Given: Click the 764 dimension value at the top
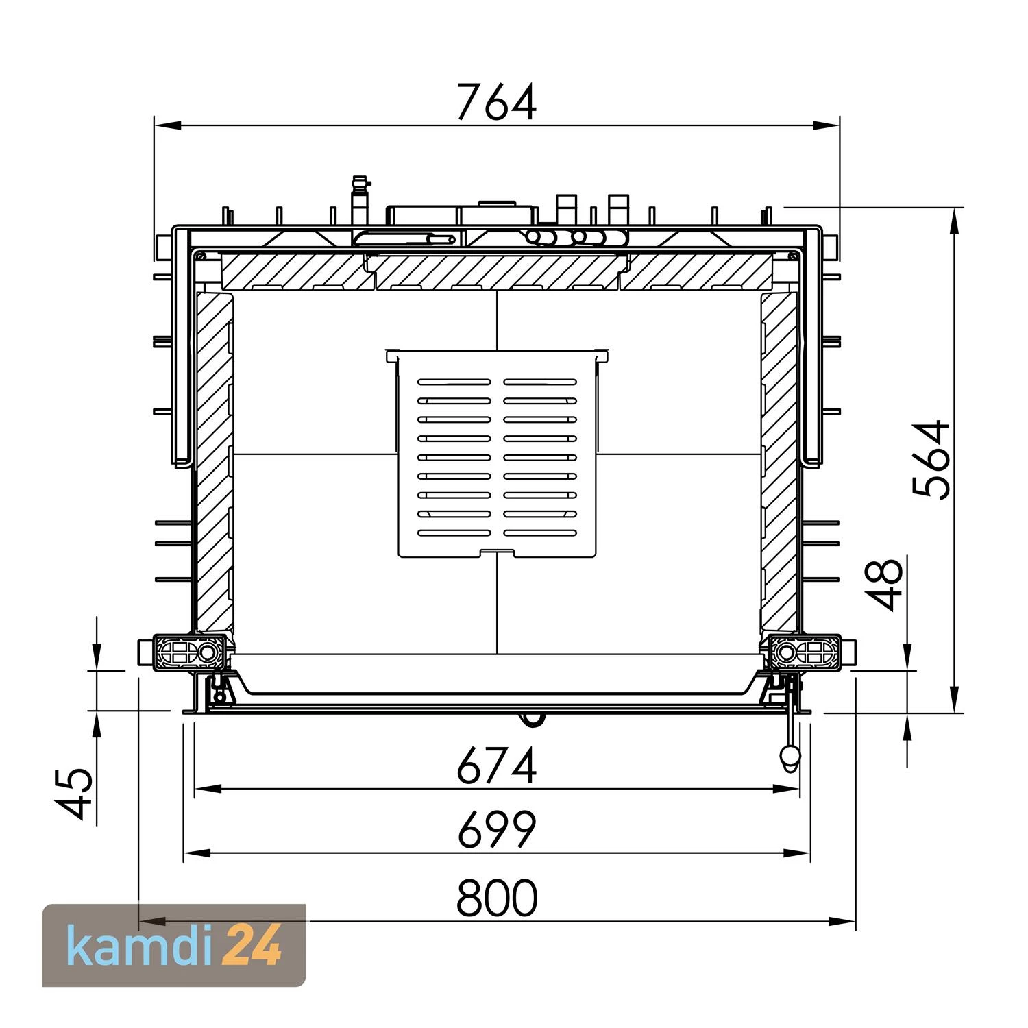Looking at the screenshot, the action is pos(497,102).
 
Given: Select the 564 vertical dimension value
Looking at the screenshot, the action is pos(932,459).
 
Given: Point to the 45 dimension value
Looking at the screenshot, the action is pos(74,793).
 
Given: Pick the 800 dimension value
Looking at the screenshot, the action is pos(497,897).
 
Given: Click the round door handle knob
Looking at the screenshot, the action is pos(790,755).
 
